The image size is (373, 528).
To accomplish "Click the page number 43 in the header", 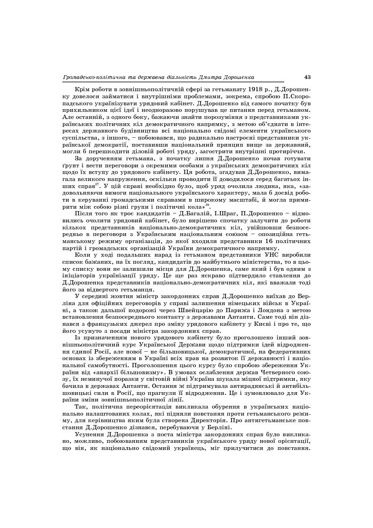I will tap(307, 77).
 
